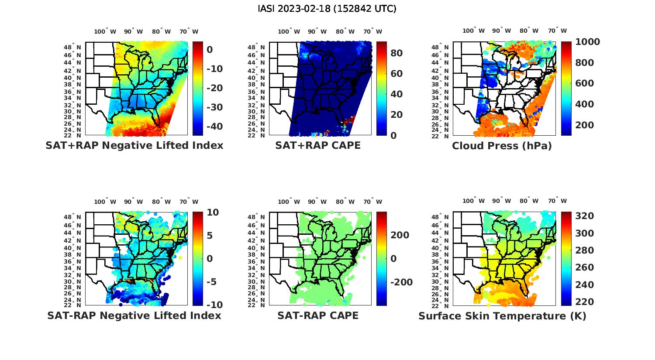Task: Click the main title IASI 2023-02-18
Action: pyautogui.click(x=327, y=9)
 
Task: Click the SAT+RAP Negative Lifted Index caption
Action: pyautogui.click(x=134, y=145)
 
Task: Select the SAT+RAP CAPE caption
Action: pyautogui.click(x=318, y=145)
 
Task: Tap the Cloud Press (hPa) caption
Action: pyautogui.click(x=502, y=146)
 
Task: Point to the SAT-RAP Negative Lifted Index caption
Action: pyautogui.click(x=134, y=315)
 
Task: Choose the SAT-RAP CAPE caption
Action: pyautogui.click(x=318, y=315)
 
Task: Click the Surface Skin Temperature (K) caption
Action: pyautogui.click(x=502, y=316)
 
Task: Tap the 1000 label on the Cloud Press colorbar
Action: pyautogui.click(x=587, y=42)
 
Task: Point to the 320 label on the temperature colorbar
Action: pyautogui.click(x=584, y=216)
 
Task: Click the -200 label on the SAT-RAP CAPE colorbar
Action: pyautogui.click(x=400, y=282)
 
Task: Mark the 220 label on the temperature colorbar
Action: pyautogui.click(x=584, y=302)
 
